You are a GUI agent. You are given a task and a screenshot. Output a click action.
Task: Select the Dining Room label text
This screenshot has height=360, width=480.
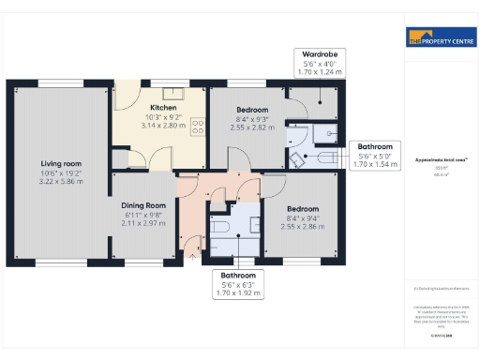point(143,205)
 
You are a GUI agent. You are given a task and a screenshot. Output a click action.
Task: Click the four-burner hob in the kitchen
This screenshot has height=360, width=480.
point(199,125)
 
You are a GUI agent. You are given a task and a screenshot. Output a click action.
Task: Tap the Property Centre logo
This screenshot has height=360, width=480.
point(439,38)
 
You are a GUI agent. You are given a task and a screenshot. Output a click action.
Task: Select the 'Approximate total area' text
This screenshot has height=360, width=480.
point(439,160)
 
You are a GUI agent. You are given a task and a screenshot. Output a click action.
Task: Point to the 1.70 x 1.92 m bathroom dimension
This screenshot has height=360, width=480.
point(238,292)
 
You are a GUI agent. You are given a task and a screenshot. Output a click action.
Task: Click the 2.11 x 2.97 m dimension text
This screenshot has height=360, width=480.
point(143,224)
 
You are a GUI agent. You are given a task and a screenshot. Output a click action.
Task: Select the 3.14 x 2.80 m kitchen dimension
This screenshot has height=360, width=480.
point(152,126)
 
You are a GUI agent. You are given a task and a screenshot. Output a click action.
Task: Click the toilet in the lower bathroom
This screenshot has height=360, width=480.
point(217,227)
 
